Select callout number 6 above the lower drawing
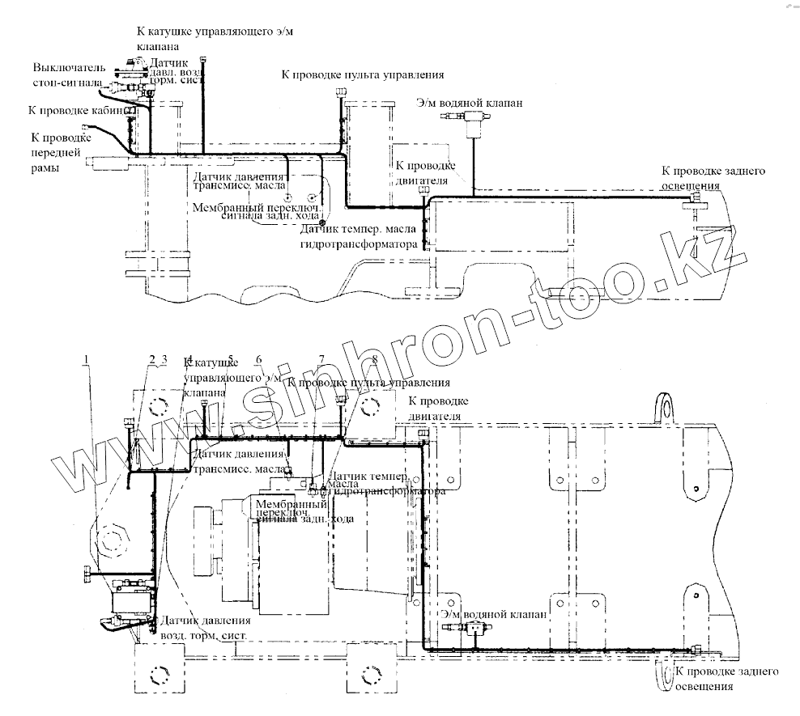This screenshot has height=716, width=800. (x=258, y=359)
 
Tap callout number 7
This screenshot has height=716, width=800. (x=321, y=359)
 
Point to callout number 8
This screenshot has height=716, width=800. (x=374, y=359)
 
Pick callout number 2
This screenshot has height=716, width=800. (x=151, y=358)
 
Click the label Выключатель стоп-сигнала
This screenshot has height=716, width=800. (x=68, y=74)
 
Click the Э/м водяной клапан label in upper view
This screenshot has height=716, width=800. (x=470, y=104)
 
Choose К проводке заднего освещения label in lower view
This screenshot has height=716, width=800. (x=726, y=680)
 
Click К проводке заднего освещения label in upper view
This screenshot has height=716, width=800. (x=713, y=177)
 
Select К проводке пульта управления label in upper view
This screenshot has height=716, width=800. (x=362, y=74)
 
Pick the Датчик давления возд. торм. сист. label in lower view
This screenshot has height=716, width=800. (x=206, y=628)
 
